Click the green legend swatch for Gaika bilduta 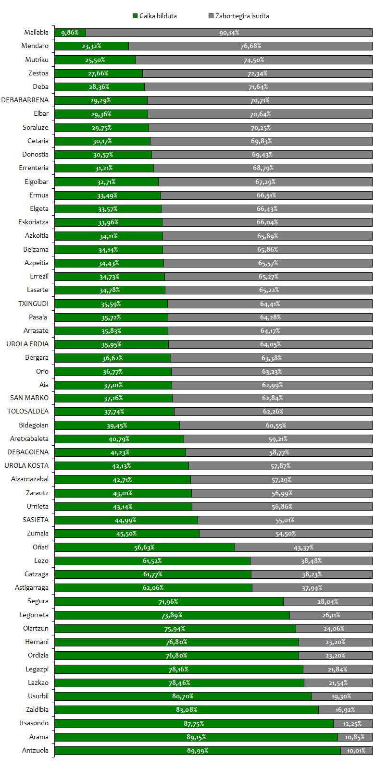pos(135,16)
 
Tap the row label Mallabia pos(37,33)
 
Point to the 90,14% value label pos(229,33)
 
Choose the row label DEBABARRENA pos(25,100)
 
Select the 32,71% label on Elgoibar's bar pos(106,182)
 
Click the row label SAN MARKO pos(29,398)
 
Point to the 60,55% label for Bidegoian pos(275,426)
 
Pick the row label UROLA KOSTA pos(26,466)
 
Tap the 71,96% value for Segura pos(168,601)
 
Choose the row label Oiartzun pos(36,628)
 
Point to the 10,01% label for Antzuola pos(356,750)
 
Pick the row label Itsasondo pos(36,723)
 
